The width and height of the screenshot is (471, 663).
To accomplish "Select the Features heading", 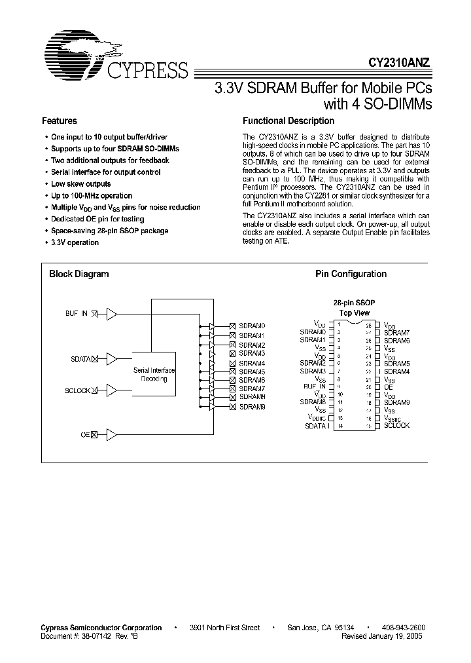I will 60,121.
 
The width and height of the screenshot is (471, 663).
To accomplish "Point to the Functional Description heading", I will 288,121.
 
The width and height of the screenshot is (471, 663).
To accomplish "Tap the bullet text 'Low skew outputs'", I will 81,184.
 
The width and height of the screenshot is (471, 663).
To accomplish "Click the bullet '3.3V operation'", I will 75,242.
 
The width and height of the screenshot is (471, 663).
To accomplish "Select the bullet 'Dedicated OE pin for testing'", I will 97,219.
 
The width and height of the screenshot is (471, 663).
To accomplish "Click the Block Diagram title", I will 79,275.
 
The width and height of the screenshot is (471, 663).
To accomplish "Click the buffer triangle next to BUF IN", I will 112,314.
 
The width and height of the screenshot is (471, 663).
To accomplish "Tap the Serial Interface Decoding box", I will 154,375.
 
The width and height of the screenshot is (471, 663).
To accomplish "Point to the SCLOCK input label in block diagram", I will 77,390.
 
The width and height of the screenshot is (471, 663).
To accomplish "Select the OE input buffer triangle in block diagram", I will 112,434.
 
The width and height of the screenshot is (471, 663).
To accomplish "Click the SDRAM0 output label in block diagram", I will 252,326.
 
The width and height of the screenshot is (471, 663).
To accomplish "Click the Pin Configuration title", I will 351,275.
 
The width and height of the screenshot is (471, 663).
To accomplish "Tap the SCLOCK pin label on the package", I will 396,426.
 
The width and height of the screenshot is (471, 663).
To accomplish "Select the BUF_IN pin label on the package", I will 314,387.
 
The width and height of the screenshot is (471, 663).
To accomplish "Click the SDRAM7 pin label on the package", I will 396,333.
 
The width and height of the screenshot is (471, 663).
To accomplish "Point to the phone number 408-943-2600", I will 402,628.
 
